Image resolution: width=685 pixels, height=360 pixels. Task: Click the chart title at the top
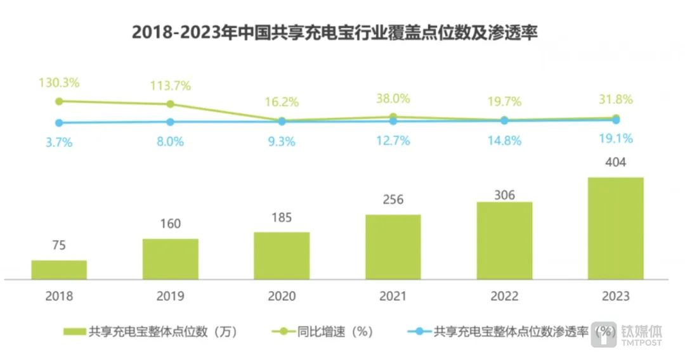(x=334, y=32)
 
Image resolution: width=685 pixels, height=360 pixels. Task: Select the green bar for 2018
(x=59, y=269)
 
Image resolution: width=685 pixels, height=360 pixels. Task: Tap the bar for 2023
(x=615, y=228)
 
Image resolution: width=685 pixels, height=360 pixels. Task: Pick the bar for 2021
(x=393, y=247)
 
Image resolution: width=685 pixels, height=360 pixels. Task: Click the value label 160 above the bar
(x=170, y=224)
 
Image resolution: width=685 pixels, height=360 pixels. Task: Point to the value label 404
(x=615, y=163)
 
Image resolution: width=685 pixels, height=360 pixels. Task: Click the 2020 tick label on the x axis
(x=282, y=296)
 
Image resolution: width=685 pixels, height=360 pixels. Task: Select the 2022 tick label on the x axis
(x=504, y=296)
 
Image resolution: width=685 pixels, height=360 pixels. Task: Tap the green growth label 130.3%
(x=59, y=83)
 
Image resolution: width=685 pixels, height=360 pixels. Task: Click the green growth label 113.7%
(x=170, y=86)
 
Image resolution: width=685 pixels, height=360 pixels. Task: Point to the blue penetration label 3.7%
(x=59, y=143)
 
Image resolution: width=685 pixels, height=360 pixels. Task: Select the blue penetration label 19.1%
(x=615, y=138)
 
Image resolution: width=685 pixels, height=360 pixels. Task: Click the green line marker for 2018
(x=59, y=101)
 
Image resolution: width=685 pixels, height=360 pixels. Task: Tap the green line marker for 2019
(x=170, y=104)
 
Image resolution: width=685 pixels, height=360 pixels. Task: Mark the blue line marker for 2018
(x=59, y=123)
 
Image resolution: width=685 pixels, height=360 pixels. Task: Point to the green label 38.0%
(x=393, y=98)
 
